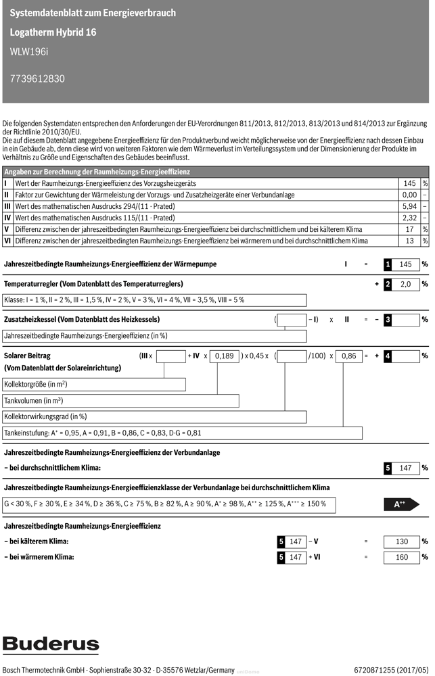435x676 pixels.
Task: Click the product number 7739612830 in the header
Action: point(38,78)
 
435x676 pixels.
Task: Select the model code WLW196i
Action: point(28,51)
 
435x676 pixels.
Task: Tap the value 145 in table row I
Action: point(409,183)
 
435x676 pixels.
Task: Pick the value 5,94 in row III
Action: point(409,206)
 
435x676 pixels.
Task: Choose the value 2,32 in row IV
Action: point(409,218)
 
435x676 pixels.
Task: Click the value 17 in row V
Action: point(409,229)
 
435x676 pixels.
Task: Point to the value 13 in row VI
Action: point(409,241)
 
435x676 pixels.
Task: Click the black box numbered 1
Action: point(388,264)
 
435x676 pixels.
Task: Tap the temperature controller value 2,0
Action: point(406,285)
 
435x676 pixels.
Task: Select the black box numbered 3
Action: point(388,320)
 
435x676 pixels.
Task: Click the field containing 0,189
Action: point(224,356)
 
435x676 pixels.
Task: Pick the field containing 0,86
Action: point(349,356)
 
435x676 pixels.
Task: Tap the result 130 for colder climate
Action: point(402,541)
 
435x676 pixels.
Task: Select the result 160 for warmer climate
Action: point(402,558)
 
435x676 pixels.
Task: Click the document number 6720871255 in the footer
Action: point(376,670)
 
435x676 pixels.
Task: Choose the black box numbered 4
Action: point(388,356)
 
